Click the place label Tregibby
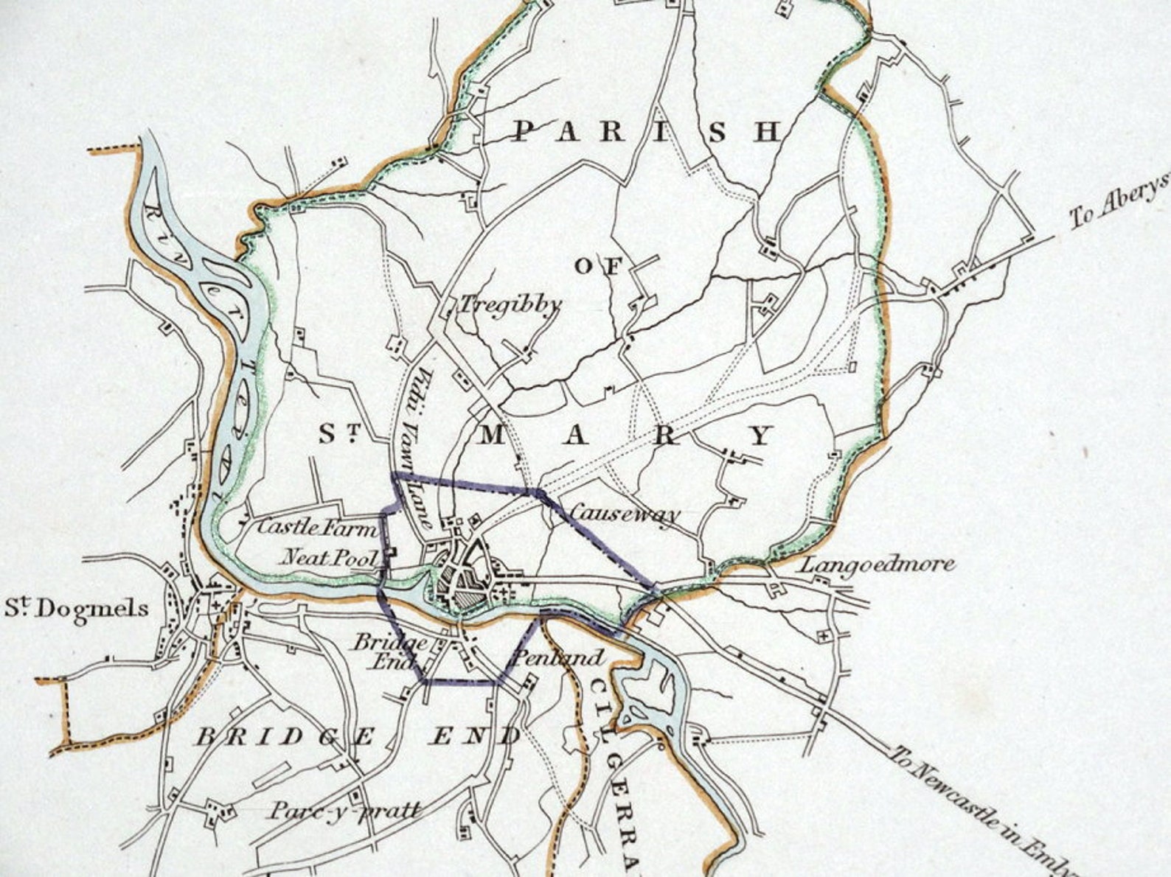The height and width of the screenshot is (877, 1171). [x=509, y=304]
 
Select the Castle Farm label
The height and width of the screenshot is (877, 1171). [x=316, y=528]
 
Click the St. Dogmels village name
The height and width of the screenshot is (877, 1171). [x=77, y=609]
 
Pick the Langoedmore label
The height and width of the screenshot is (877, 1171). [x=878, y=565]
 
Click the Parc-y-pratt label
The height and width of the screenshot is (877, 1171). [x=345, y=811]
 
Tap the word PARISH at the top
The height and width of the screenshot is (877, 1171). [x=646, y=132]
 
